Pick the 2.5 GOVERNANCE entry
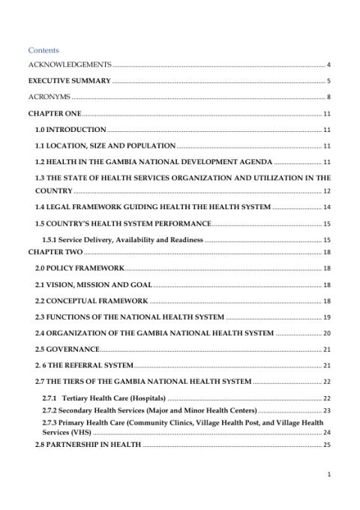coord(67,349)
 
